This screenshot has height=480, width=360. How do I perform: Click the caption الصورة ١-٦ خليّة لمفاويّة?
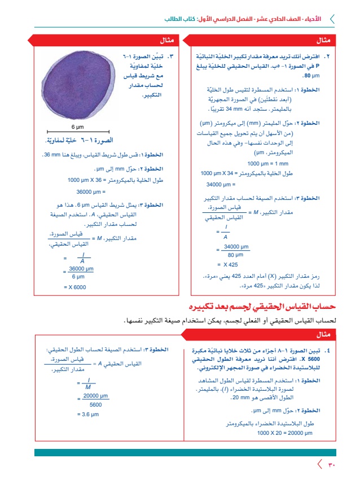coord(78,139)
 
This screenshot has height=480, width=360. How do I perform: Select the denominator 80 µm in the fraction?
coord(235,255)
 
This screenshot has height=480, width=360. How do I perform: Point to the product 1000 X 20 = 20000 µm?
coord(284,433)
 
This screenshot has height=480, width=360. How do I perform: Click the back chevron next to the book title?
coord(331,19)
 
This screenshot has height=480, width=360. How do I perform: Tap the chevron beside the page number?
coord(320,465)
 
